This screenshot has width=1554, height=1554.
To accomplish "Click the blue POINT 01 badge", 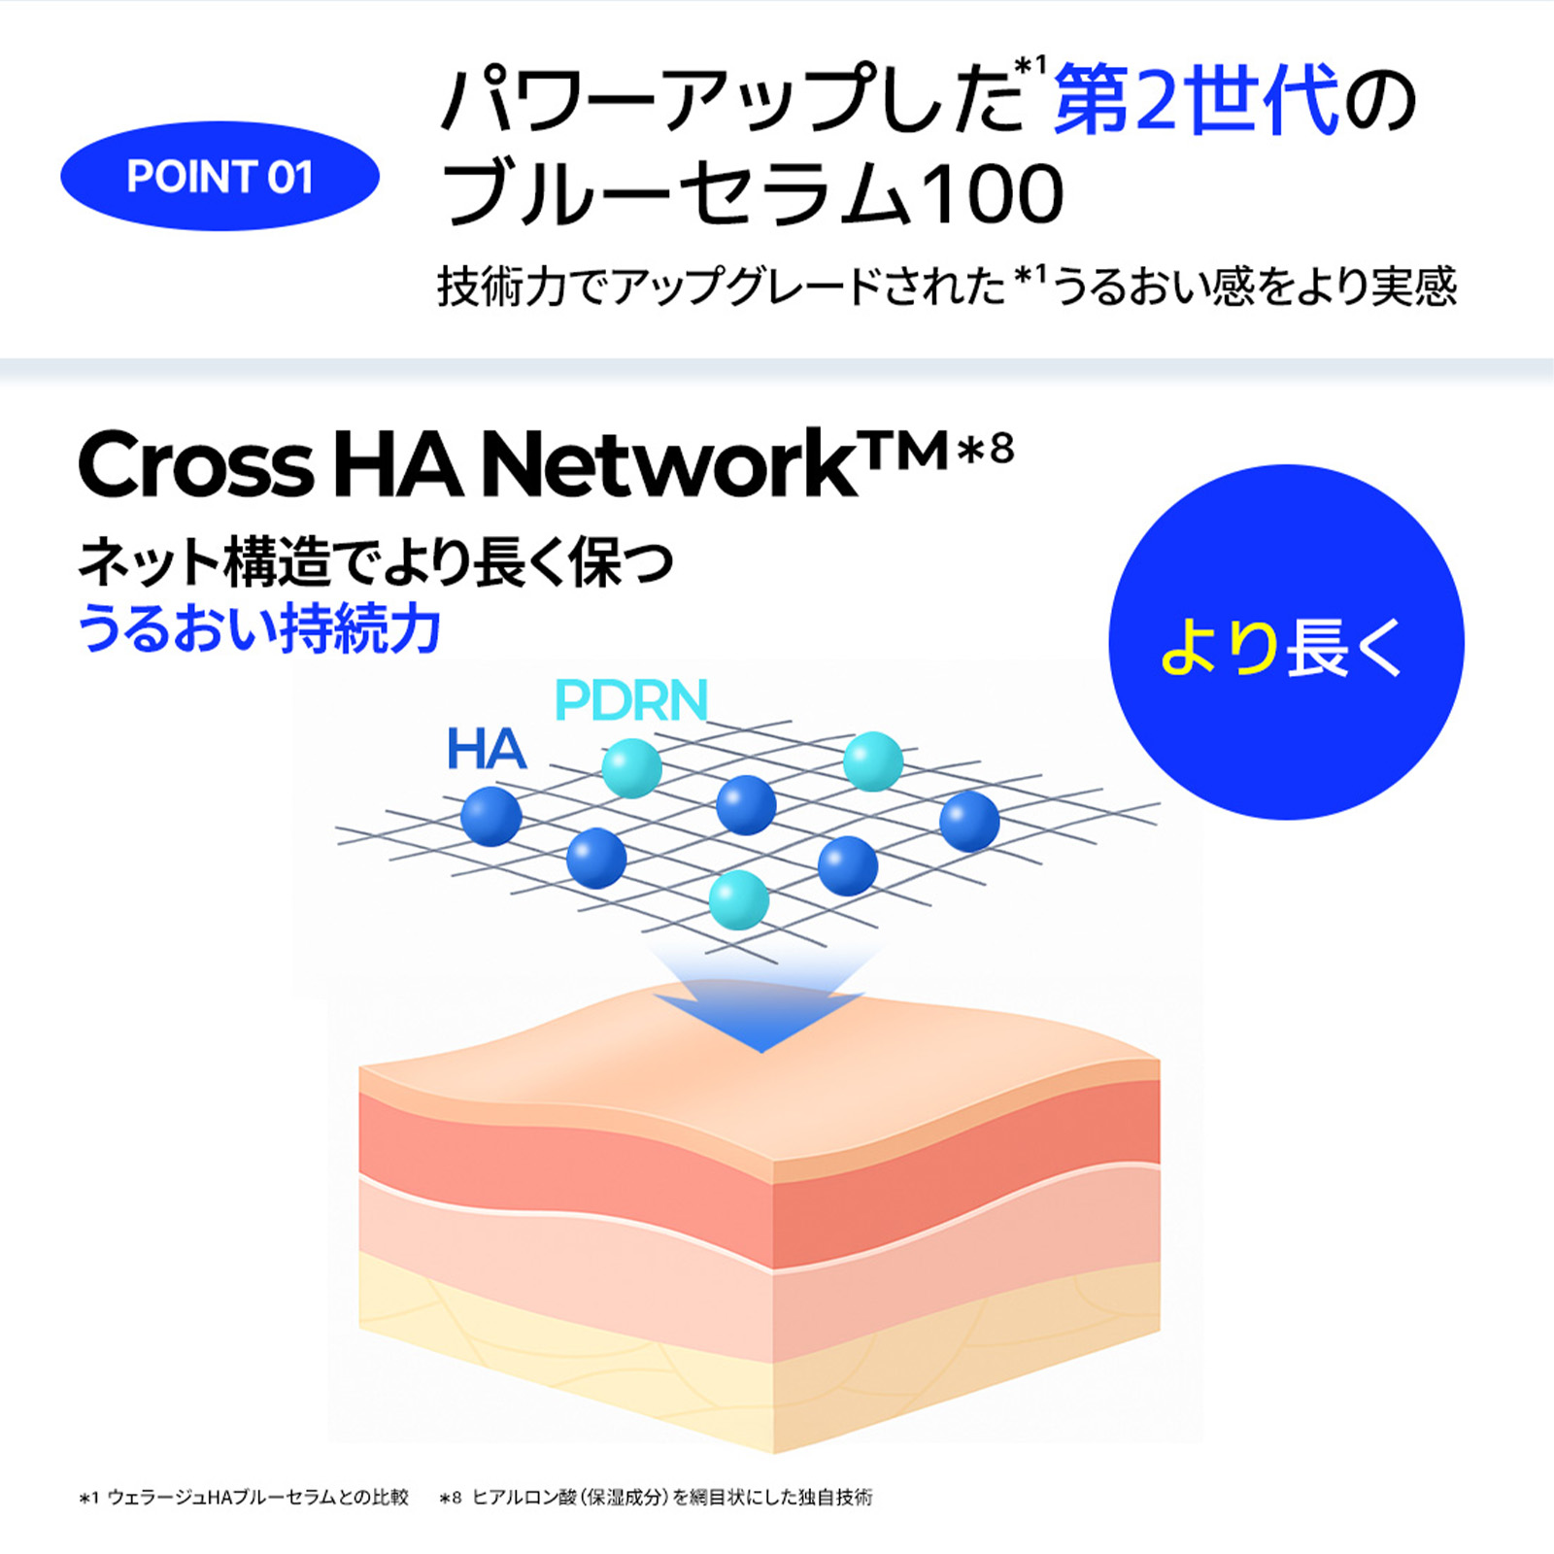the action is [x=220, y=176].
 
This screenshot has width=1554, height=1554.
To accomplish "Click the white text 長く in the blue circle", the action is [x=1345, y=647].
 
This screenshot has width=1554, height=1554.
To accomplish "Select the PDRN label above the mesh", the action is [x=631, y=700].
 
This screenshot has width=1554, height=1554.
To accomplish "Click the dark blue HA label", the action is [x=487, y=750].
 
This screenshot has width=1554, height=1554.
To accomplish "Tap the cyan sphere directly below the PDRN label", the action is [x=632, y=767].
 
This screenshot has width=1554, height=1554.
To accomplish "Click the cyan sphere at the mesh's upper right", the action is [x=873, y=761].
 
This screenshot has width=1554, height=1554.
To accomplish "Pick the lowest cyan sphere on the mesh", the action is [x=739, y=899].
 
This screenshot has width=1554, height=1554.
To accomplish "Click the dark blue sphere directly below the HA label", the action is [x=491, y=816].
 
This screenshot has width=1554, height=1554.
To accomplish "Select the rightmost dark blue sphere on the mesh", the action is [x=969, y=821].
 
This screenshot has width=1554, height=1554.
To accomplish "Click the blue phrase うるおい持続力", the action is [x=259, y=628].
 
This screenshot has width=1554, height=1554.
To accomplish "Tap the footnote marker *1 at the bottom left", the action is [x=88, y=1499].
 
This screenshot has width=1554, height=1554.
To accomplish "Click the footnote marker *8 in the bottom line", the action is [x=450, y=1499].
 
